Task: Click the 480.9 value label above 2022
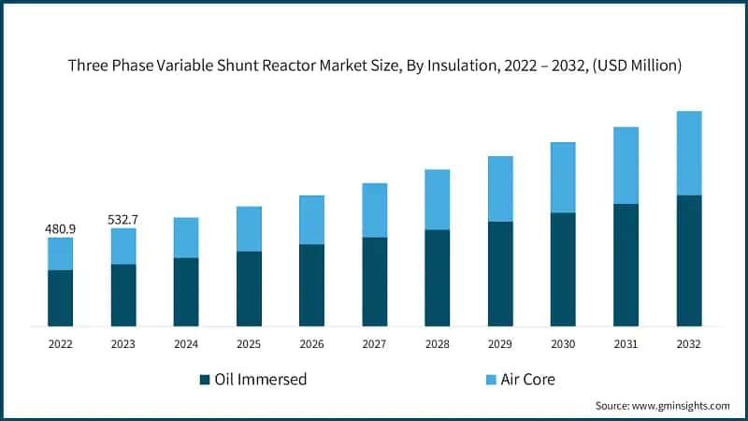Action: coord(60,229)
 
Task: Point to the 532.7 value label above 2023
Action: coord(122,220)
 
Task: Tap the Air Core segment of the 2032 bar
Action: coord(689,153)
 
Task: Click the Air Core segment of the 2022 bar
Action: coord(60,254)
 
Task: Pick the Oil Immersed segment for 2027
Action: coord(375,282)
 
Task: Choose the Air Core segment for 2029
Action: coord(500,189)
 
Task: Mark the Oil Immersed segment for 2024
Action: coord(186,292)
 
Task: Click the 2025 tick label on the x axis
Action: coord(249,344)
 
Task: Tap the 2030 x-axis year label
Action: coord(563,344)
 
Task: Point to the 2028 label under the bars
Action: coord(438,344)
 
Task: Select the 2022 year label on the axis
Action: coord(60,344)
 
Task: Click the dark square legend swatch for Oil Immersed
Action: coord(205,380)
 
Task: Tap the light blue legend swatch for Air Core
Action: coord(491,380)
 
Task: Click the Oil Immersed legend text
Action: coord(261,380)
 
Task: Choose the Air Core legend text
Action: coord(531,380)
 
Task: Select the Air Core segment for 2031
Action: coord(626,166)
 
